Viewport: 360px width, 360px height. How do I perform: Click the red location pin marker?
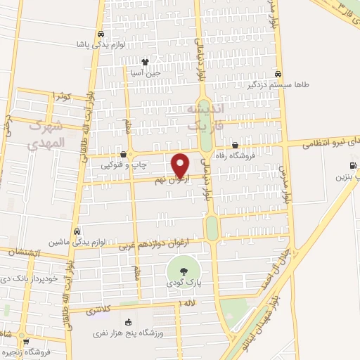coord(181,165)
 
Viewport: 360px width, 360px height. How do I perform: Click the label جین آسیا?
coord(145,72)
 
